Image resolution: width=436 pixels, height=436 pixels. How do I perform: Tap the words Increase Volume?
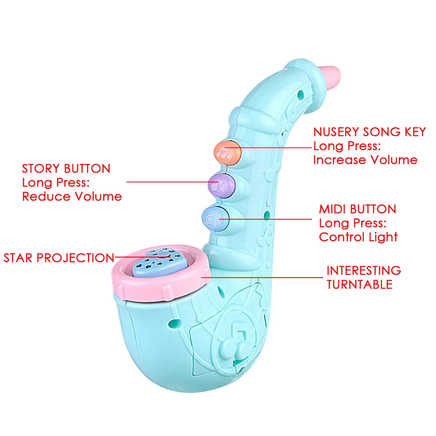[x=365, y=160]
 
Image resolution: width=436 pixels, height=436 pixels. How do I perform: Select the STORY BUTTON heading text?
[x=66, y=168]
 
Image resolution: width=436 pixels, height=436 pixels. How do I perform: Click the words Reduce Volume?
[x=72, y=196]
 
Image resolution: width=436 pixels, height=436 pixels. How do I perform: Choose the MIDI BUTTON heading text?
[x=358, y=209]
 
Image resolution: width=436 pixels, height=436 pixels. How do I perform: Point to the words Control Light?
[x=358, y=237]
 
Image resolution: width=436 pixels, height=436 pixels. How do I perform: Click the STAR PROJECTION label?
[x=59, y=258]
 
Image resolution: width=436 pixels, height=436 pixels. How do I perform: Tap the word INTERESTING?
[x=364, y=270]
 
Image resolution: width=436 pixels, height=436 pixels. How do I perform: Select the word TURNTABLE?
[x=360, y=285]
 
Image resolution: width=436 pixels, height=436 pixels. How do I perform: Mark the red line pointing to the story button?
[x=170, y=182]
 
